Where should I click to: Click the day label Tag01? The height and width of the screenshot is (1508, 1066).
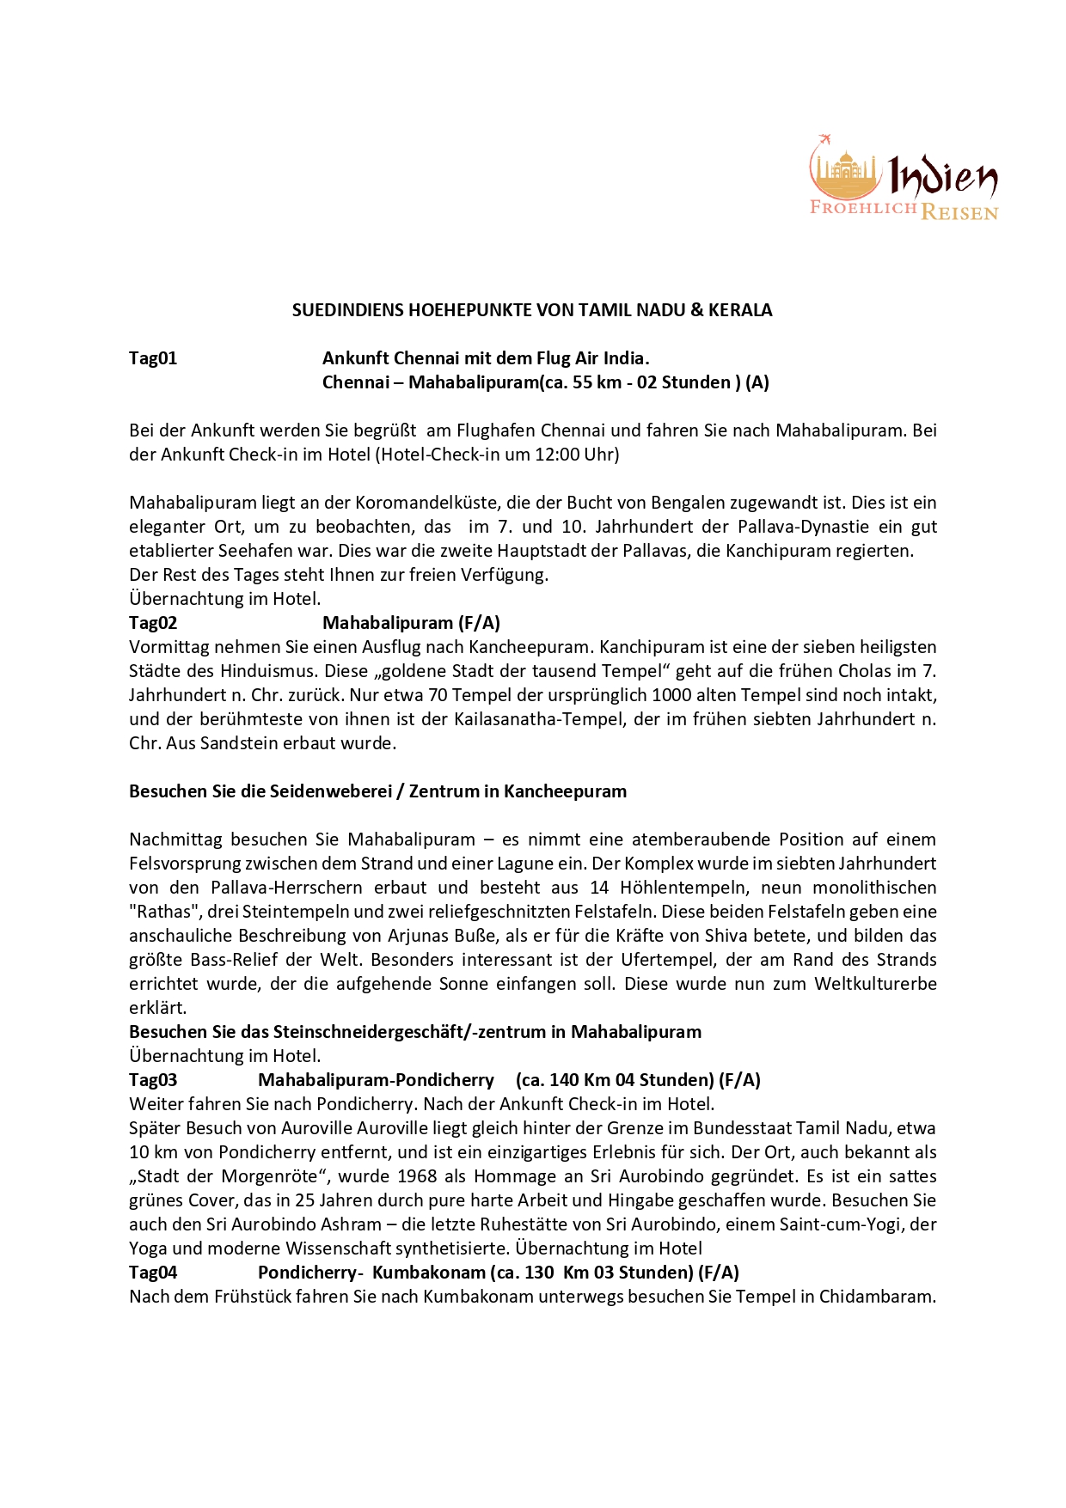click(153, 358)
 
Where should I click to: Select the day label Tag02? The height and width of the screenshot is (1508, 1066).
click(153, 623)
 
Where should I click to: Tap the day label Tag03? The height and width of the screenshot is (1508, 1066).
click(153, 1080)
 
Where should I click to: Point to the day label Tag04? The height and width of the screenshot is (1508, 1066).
click(153, 1273)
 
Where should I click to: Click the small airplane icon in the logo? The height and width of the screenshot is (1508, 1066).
click(825, 140)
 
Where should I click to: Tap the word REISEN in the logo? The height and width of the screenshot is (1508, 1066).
click(959, 211)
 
